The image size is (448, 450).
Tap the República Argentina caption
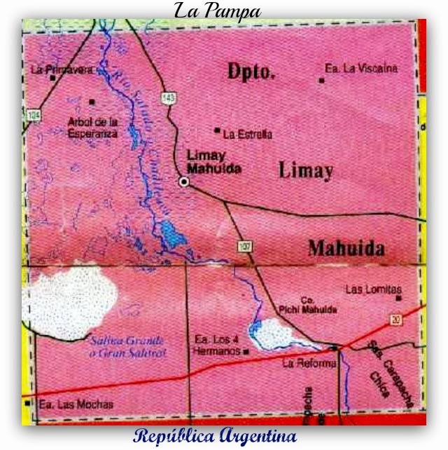tap(215, 436)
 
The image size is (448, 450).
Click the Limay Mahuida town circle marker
tap(184, 182)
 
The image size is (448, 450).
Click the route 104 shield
tap(33, 114)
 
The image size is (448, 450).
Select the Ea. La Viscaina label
tap(361, 69)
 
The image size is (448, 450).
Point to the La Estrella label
tap(247, 135)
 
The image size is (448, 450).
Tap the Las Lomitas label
tap(374, 289)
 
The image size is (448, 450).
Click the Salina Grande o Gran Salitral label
tap(127, 347)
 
